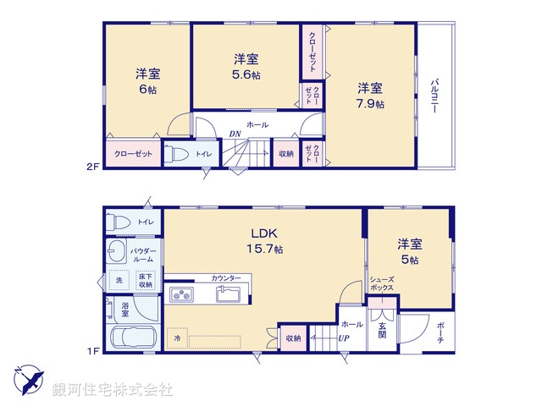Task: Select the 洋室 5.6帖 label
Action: pos(246,66)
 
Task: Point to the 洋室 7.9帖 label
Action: pos(369,95)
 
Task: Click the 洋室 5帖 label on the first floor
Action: pos(410,251)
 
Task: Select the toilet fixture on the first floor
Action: pos(119,222)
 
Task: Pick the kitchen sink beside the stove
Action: pos(229,294)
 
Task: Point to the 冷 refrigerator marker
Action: pos(178,338)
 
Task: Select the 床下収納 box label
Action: pos(145,280)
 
